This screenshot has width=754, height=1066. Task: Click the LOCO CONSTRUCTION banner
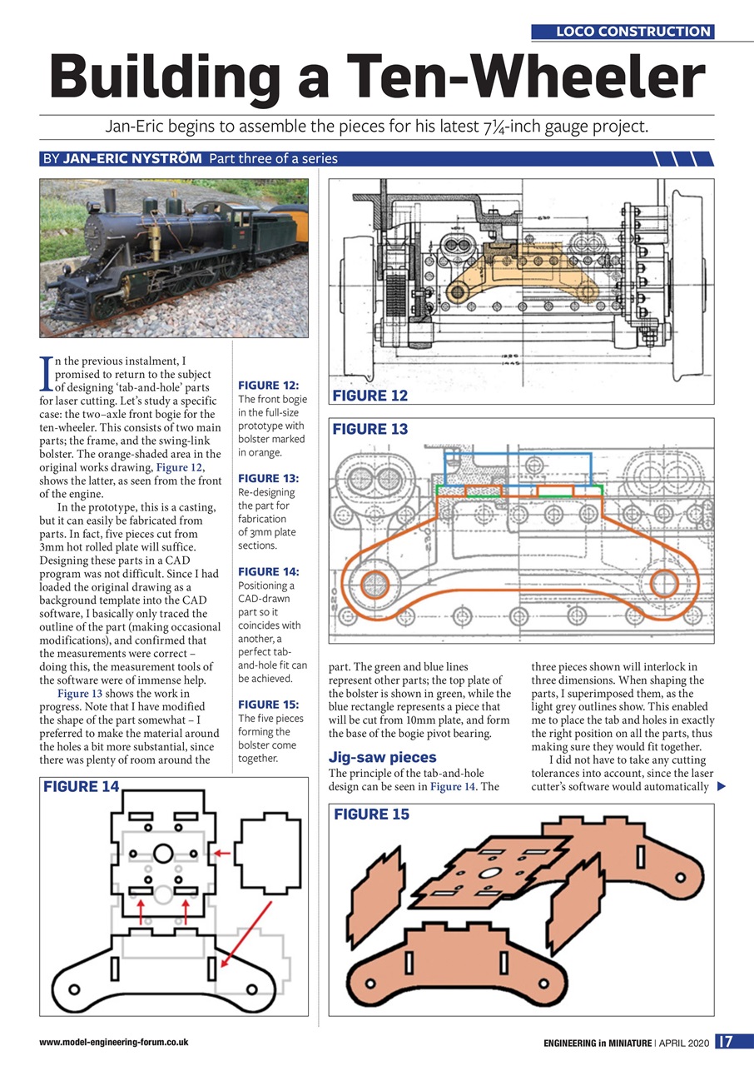(x=623, y=32)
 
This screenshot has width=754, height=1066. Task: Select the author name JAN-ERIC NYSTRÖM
(x=132, y=159)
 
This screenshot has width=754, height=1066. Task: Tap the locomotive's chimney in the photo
(x=107, y=198)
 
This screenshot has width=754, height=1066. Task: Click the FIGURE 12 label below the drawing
(x=370, y=395)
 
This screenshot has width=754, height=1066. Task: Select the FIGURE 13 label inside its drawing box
(x=370, y=429)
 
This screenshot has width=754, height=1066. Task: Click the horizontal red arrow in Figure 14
(x=221, y=854)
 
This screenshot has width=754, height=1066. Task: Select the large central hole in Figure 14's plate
(x=163, y=854)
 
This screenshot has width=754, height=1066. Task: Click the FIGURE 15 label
(x=371, y=814)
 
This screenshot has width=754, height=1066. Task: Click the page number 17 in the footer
(x=725, y=1041)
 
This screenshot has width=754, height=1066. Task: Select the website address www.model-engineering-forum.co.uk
(x=113, y=1042)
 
